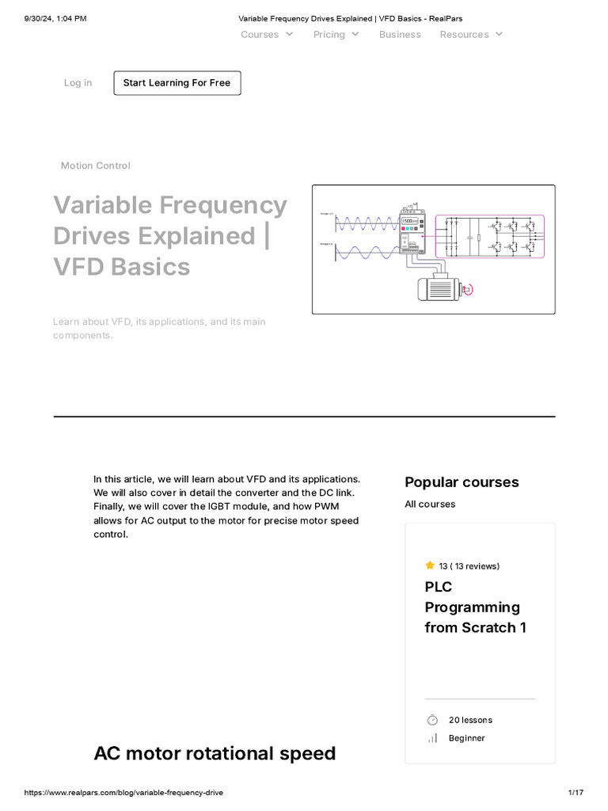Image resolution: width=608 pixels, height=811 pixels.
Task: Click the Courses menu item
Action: (x=267, y=35)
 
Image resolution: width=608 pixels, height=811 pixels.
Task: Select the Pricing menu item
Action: (x=336, y=35)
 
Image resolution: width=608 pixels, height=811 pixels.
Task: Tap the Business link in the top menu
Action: (x=400, y=35)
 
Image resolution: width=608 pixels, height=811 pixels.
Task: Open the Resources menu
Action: (x=471, y=35)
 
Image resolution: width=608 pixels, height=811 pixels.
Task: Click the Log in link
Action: (x=78, y=83)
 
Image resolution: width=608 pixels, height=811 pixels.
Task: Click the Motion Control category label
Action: (x=96, y=166)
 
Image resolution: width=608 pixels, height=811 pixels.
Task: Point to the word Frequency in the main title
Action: (x=223, y=205)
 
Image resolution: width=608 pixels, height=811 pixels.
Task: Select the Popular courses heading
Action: (x=462, y=482)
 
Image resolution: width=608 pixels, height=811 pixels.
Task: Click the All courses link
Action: (x=430, y=504)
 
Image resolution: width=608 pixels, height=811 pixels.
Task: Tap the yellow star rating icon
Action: (x=430, y=565)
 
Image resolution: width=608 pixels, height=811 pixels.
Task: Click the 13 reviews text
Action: (x=469, y=566)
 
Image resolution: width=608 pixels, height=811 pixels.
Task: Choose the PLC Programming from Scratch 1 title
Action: (x=475, y=607)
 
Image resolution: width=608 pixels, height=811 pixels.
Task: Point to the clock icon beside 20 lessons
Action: (x=432, y=720)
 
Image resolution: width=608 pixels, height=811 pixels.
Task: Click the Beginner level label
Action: (x=466, y=738)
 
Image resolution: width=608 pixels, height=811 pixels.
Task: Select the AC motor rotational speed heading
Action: (x=215, y=753)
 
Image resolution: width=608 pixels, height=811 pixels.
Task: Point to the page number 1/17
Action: (x=576, y=793)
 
